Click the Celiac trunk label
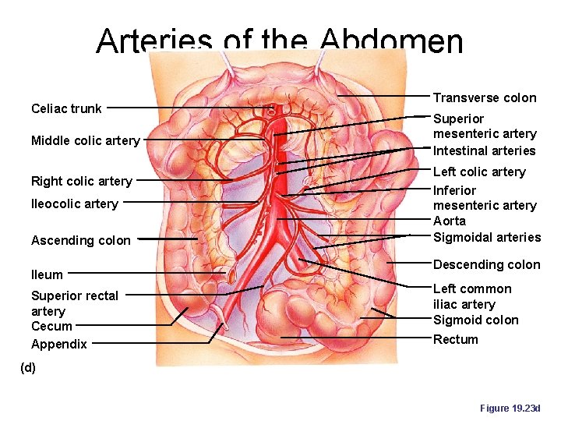66,108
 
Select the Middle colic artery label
85,141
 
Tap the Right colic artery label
81,181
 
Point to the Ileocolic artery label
74,203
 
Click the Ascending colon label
80,240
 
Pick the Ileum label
47,274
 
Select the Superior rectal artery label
74,303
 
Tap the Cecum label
51,326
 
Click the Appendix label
58,344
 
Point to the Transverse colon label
484,97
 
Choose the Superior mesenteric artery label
484,126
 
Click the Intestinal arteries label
484,150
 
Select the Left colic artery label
479,172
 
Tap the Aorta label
449,221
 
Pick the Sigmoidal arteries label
486,237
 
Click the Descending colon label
486,264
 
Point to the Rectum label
455,339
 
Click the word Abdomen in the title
391,41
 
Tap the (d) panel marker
27,368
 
